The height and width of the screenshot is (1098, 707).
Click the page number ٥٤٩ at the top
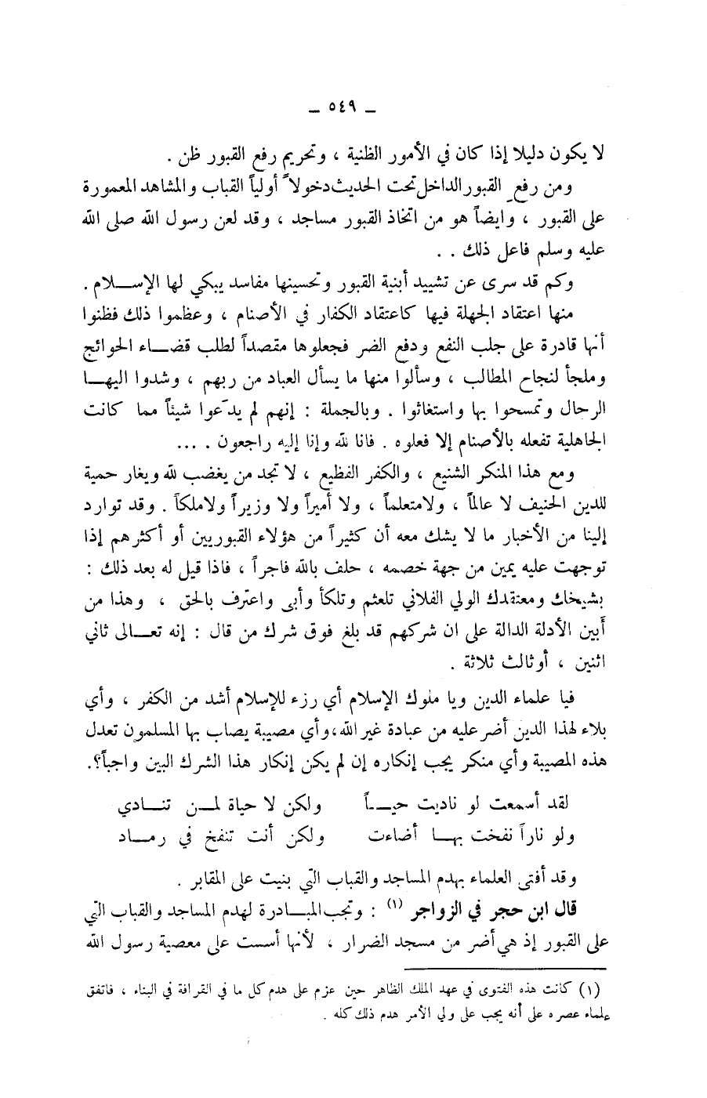pos(342,107)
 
